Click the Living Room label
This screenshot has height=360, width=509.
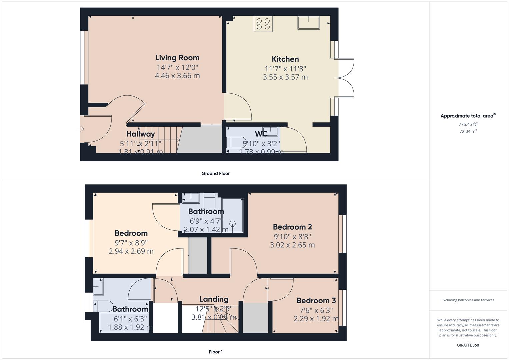tap(177, 58)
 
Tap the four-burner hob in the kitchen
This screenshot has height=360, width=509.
tap(263, 24)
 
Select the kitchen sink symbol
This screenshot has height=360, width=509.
tap(309, 23)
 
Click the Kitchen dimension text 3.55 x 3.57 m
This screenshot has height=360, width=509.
tap(285, 77)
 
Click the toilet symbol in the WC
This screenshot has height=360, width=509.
tap(236, 142)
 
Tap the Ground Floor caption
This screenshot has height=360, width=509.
tap(215, 173)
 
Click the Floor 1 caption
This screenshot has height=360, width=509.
tap(215, 352)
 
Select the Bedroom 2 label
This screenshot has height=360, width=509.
tap(292, 227)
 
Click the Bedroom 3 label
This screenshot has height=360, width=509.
tap(316, 301)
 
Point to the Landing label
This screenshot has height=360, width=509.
tap(214, 299)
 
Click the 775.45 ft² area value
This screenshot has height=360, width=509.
tap(468, 124)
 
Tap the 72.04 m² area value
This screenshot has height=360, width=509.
tap(468, 131)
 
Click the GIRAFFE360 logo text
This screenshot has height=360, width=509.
tap(468, 345)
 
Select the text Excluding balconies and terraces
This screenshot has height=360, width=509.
tap(468, 300)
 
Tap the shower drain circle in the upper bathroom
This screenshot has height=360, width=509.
tap(233, 224)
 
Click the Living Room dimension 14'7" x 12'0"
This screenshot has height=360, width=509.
tap(177, 67)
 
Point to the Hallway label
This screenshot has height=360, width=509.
tap(140, 134)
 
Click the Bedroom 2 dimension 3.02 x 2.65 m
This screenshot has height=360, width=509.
tap(292, 245)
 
